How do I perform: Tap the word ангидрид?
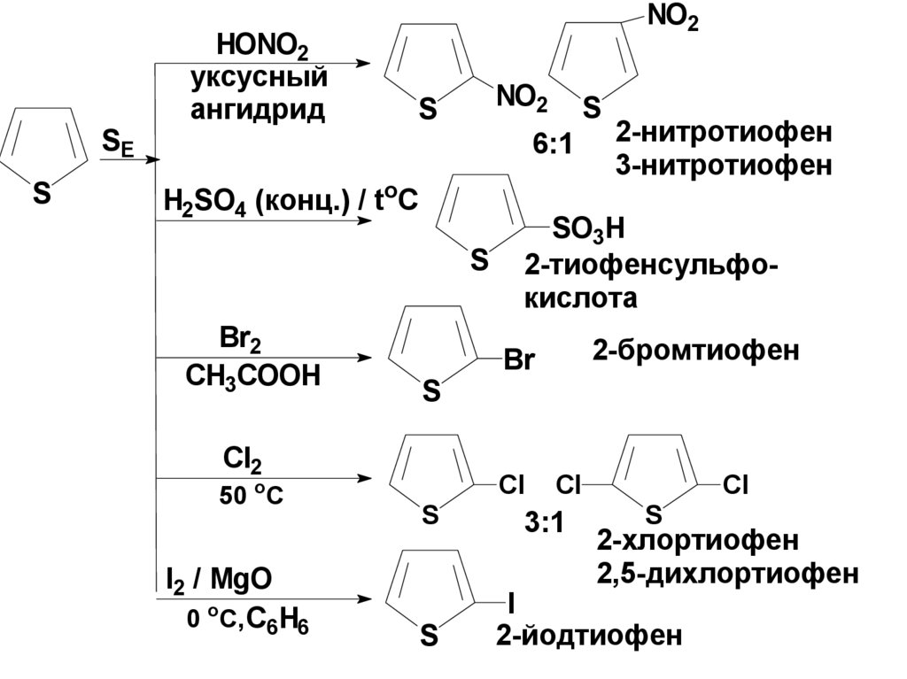258,109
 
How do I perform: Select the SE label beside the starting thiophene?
118,143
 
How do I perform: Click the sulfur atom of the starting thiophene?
42,192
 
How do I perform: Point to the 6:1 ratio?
553,144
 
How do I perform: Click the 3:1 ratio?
544,523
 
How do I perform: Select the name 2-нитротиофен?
724,133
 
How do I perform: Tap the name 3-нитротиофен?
724,166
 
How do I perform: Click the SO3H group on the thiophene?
588,229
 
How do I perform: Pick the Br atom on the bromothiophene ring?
519,359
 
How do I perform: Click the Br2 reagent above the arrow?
239,339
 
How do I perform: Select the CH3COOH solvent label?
252,376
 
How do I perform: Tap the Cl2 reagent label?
242,461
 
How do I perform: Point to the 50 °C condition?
251,496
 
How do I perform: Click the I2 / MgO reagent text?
219,580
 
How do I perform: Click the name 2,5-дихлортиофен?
728,574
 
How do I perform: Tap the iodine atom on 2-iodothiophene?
510,604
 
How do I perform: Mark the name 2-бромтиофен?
695,351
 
